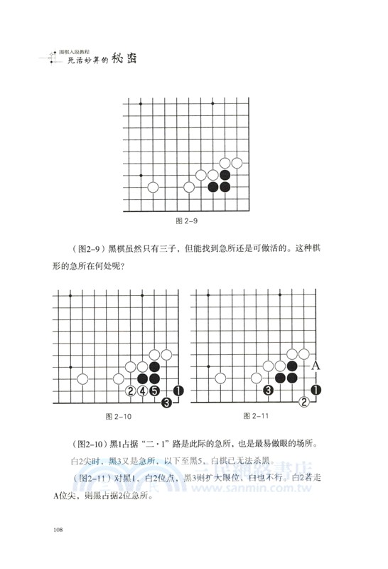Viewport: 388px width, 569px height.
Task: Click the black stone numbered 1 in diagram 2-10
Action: (178, 390)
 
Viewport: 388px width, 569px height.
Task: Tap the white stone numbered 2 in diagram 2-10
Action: (131, 390)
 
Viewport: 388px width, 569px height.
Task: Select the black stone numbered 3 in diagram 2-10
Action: (166, 403)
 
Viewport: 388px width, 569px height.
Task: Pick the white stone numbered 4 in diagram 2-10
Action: (143, 390)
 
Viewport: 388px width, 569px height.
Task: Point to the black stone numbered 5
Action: (154, 390)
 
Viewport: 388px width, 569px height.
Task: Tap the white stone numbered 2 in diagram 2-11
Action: (305, 402)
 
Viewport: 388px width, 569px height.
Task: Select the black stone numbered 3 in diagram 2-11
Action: (269, 390)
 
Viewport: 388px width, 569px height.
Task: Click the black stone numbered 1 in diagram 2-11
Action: (316, 390)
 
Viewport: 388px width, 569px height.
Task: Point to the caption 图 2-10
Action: (118, 416)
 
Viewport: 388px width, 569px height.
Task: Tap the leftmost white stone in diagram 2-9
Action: (153, 187)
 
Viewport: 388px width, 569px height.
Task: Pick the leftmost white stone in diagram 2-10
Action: (83, 378)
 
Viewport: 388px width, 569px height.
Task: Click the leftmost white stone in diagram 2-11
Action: (222, 378)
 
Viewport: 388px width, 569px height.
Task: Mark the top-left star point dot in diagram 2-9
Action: (141, 104)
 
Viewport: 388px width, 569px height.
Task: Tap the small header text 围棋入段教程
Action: (80, 50)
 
